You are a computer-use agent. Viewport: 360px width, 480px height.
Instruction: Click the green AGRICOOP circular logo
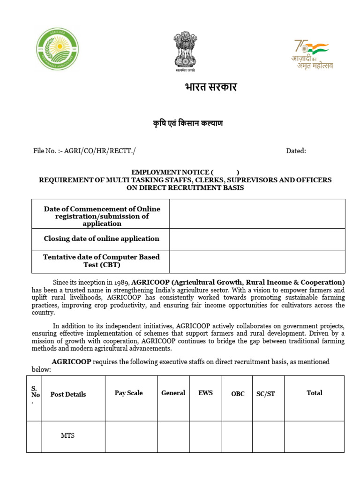point(58,49)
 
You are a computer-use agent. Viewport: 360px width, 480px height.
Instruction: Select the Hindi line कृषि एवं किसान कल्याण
point(187,123)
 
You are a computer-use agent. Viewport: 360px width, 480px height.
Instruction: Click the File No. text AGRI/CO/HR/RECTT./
point(100,151)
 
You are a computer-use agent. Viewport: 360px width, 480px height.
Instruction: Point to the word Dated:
point(296,151)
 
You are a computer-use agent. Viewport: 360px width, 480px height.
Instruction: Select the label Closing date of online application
point(101,239)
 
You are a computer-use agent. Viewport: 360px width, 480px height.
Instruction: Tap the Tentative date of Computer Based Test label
point(101,261)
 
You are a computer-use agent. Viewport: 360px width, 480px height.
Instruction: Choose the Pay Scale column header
point(128,393)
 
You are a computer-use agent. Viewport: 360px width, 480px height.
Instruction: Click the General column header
point(173,393)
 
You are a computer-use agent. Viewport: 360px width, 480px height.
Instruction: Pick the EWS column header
point(205,393)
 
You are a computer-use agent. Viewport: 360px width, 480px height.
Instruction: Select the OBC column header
point(238,394)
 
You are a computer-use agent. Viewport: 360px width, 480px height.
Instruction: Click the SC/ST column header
point(265,394)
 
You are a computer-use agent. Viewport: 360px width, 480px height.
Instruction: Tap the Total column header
point(314,393)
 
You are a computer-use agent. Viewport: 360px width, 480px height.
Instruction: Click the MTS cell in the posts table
point(67,435)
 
